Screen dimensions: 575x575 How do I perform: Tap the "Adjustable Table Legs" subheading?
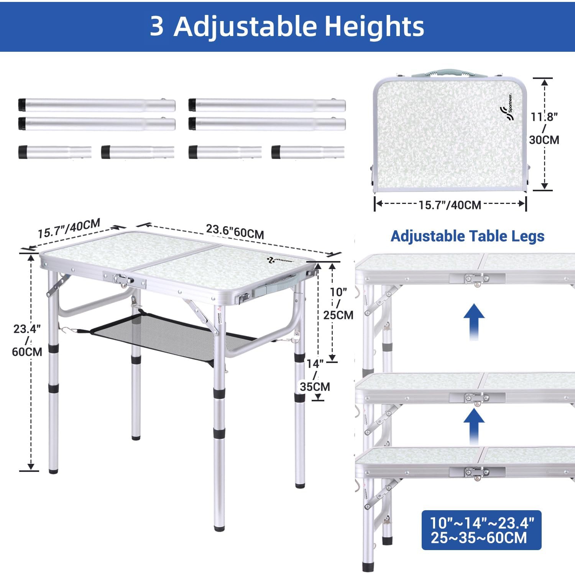click(467, 236)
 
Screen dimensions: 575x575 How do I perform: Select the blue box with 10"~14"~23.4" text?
click(481, 530)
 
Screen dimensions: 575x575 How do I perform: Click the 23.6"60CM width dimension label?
click(235, 232)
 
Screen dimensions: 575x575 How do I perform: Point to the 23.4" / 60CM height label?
click(27, 340)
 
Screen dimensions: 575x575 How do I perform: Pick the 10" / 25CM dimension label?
click(338, 303)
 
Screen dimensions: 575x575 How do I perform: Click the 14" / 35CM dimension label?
click(315, 375)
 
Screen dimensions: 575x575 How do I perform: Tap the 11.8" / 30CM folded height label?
click(544, 128)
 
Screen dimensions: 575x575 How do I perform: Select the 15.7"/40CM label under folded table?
click(450, 205)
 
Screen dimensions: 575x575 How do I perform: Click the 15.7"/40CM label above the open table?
click(69, 228)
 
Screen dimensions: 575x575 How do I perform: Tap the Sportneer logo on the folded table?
click(507, 108)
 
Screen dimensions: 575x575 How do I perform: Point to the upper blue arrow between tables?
click(474, 321)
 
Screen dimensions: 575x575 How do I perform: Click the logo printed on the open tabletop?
click(280, 261)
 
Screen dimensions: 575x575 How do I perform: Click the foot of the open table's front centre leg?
click(219, 528)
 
